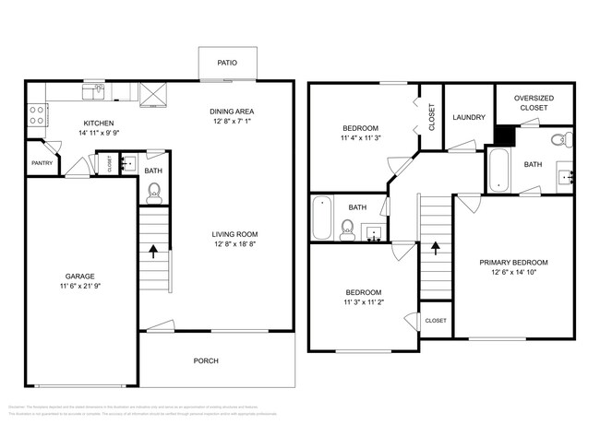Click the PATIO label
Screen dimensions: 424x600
[x=227, y=64]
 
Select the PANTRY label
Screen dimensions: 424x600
[x=42, y=163]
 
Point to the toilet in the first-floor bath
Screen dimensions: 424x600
[x=154, y=192]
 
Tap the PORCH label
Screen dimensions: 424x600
[x=206, y=360]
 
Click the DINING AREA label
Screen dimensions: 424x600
[x=232, y=112]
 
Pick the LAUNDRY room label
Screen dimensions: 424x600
[x=469, y=117]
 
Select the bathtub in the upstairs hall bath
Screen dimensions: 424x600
[x=321, y=218]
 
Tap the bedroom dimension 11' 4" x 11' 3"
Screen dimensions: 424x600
[x=360, y=138]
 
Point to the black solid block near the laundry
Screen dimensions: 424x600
[x=504, y=135]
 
